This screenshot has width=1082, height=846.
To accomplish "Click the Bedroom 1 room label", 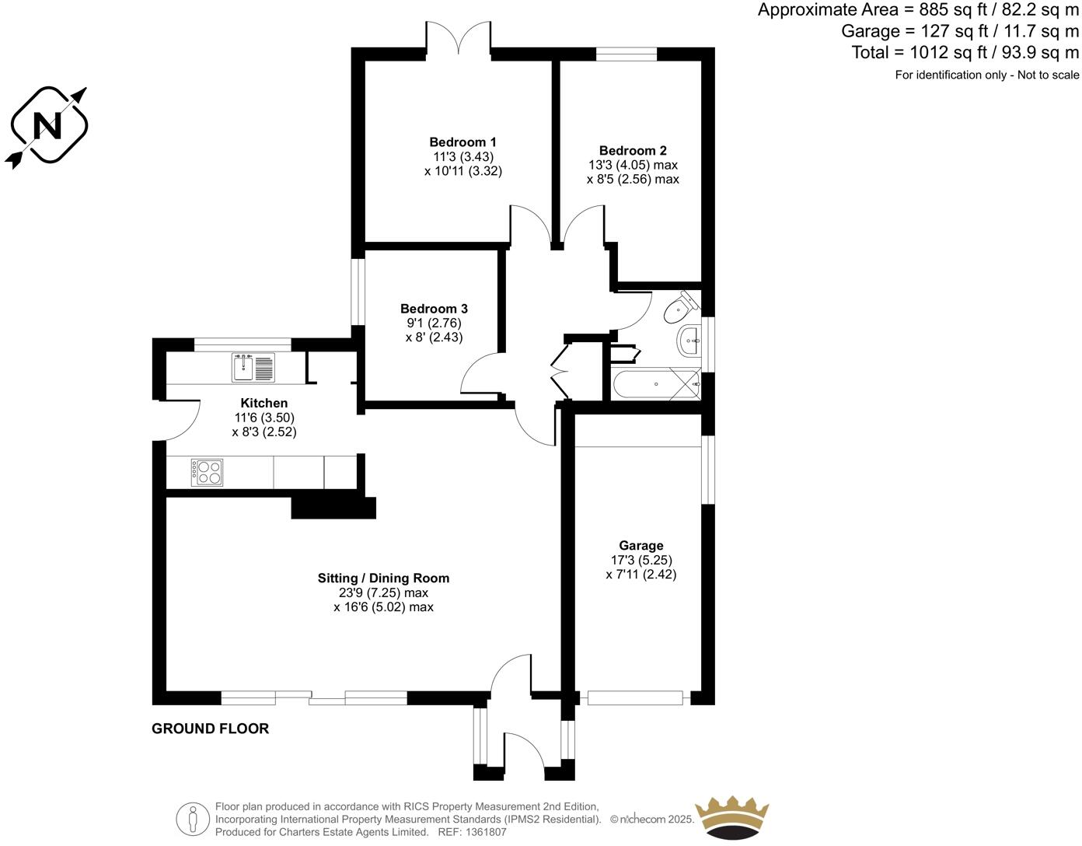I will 462,142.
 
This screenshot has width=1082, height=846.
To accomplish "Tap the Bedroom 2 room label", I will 633,151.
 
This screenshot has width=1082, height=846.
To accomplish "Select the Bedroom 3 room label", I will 434,309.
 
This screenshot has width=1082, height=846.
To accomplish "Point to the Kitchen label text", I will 264,403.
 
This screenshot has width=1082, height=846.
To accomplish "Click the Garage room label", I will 640,546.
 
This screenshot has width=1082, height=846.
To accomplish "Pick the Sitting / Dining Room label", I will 383,579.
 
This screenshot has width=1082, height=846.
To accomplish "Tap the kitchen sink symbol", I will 253,368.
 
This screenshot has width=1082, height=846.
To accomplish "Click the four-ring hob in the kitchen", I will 207,473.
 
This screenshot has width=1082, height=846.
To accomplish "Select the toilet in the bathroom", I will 679,308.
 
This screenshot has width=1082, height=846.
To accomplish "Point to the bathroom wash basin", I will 689,341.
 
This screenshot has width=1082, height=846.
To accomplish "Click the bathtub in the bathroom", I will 655,385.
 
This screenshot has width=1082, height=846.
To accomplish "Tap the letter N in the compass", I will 48,125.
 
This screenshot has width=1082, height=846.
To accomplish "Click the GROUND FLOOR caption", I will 210,729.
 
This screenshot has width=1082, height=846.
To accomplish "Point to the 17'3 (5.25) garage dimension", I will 641,560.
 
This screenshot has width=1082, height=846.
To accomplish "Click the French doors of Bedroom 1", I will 458,39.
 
